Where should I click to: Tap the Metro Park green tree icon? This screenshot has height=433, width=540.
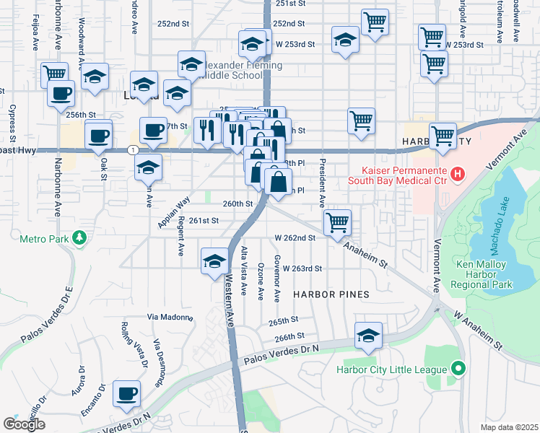(80, 237)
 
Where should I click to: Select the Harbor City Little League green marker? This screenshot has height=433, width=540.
(456, 369)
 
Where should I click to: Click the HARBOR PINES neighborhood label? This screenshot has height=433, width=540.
(331, 294)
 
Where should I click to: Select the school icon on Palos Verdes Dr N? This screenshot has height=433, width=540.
(368, 336)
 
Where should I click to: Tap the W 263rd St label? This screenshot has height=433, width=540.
(302, 268)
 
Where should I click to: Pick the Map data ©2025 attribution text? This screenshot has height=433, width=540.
(509, 427)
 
